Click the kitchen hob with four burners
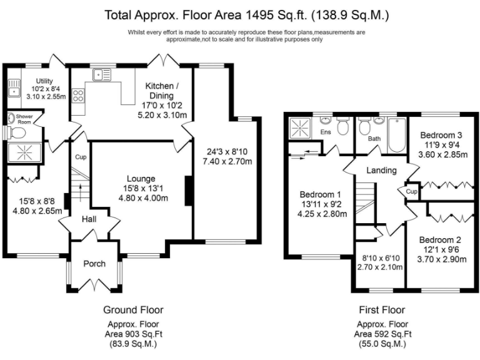[x=78, y=95]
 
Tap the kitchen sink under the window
[x=102, y=75]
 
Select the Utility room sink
[x=14, y=88]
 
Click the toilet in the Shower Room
[x=17, y=133]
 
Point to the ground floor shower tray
[x=24, y=151]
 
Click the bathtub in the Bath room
[x=397, y=135]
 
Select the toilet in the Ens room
[x=342, y=126]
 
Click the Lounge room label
[x=141, y=179]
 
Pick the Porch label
[x=94, y=264]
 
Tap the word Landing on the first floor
[x=381, y=170]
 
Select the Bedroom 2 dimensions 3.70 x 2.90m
[x=442, y=259]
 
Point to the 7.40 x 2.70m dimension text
[x=227, y=161]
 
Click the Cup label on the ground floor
[x=81, y=157]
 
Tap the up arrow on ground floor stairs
[x=81, y=192]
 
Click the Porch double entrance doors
[x=94, y=284]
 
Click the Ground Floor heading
[x=134, y=310]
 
